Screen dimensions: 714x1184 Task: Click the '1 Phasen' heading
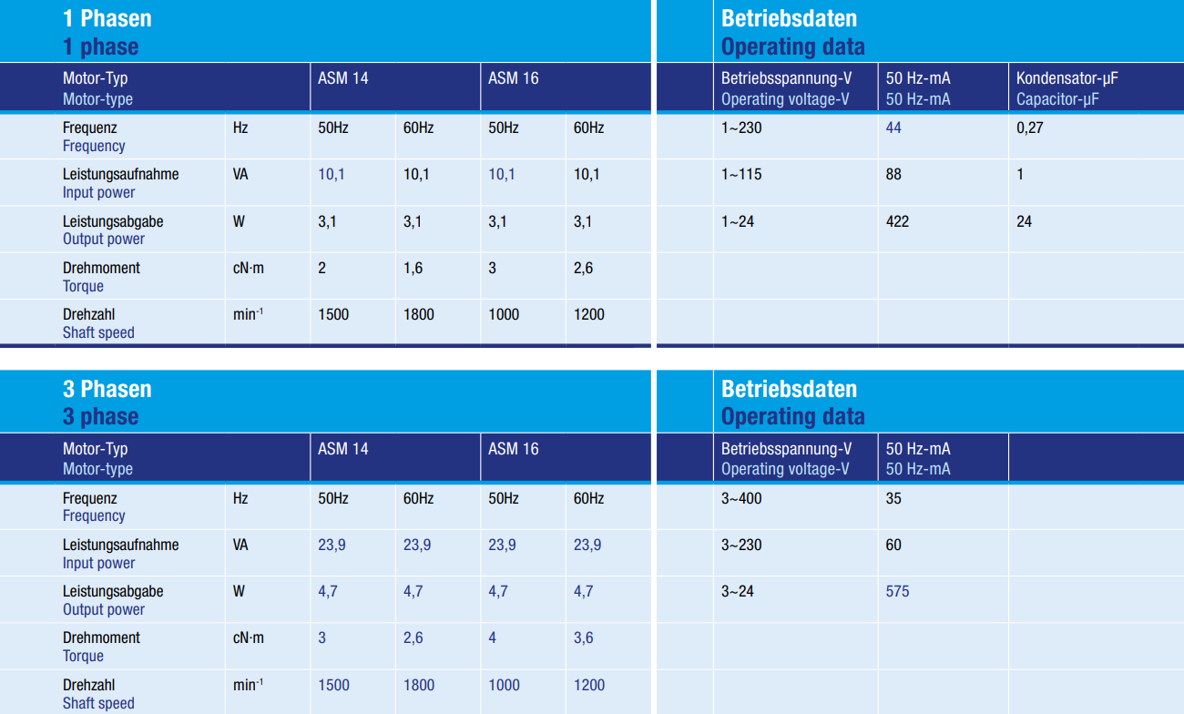107,18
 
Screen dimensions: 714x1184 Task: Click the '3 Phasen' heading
107,389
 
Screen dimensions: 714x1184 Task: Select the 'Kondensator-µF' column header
1067,78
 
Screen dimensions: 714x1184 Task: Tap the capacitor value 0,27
1029,127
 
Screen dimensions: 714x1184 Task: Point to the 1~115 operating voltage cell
741,174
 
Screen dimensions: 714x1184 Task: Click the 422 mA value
897,221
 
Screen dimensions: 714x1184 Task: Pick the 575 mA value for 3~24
897,591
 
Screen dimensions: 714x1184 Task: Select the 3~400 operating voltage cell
741,498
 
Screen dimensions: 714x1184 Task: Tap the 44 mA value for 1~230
893,127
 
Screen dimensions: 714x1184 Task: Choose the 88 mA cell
893,174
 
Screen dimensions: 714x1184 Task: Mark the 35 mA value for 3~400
893,498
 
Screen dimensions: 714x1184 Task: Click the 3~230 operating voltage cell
741,545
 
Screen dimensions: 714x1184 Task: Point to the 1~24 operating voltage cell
738,221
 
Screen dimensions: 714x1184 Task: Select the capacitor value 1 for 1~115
1020,174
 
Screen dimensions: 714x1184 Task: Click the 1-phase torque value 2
322,268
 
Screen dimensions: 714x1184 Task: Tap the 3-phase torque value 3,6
584,637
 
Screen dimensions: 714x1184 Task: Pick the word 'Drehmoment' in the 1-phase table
101,268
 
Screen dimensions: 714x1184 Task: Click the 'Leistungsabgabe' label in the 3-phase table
113,591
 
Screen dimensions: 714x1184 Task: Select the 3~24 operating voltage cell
738,591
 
